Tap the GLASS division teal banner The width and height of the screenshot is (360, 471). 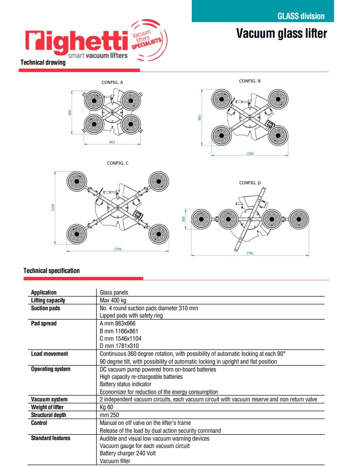[262, 11]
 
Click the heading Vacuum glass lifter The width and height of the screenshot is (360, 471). [281, 33]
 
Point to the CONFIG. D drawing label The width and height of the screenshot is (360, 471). [250, 183]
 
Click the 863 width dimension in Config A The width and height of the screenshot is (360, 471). [112, 142]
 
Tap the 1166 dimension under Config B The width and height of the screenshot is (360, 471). [250, 153]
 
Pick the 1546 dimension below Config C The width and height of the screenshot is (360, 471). [118, 249]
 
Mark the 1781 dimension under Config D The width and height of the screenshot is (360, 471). [250, 253]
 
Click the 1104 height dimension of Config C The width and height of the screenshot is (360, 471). [53, 208]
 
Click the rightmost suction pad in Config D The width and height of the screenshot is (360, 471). [299, 219]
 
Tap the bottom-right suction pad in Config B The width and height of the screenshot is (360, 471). [278, 135]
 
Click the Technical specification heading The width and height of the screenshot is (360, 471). [51, 271]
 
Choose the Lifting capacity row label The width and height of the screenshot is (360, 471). [48, 300]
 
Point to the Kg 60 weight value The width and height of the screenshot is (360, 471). [107, 407]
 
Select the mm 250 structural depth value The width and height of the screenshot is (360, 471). [109, 415]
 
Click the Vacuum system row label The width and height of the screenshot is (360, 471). [50, 399]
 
